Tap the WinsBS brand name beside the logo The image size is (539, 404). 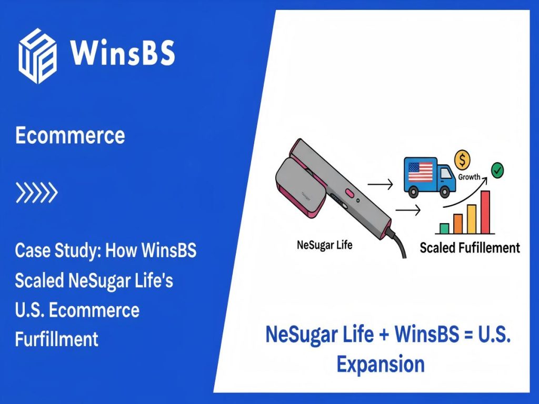point(122,53)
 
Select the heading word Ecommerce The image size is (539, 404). point(70,135)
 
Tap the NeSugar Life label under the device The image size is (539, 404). point(325,245)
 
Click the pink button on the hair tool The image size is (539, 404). point(348,193)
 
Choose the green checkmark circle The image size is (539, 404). point(496,170)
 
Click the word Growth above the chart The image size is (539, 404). point(469,177)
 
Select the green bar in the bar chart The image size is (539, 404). point(444,228)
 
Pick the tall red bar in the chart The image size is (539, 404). point(485,211)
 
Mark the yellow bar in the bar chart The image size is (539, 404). point(472,218)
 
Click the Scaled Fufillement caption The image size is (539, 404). point(470,247)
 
